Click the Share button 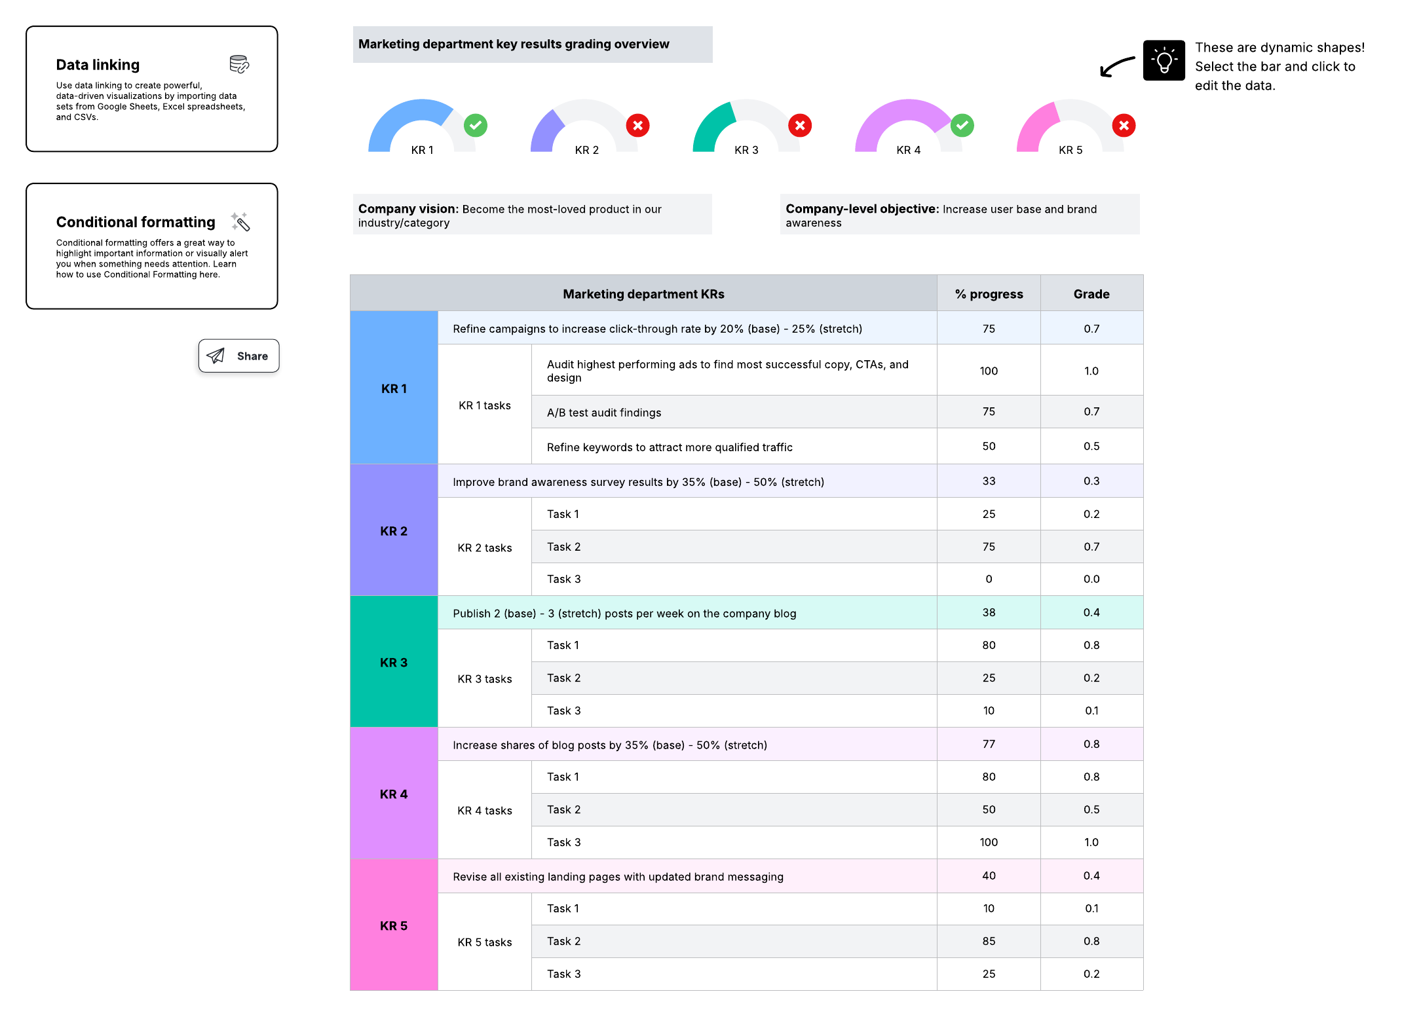pos(238,356)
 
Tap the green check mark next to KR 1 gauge pos(476,125)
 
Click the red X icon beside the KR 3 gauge pos(800,125)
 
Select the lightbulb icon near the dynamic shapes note pos(1164,61)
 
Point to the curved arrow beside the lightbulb pos(1117,66)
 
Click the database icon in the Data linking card pos(239,64)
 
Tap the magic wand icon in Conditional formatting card pos(240,222)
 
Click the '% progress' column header pos(989,294)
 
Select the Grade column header pos(1091,294)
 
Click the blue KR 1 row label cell pos(394,388)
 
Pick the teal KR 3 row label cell pos(394,662)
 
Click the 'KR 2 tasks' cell pos(485,547)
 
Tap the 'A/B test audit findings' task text pos(604,413)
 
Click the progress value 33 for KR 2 pos(989,481)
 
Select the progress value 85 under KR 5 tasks pos(989,941)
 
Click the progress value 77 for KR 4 pos(989,744)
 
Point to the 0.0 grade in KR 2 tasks pos(1091,579)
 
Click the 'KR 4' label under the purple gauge pos(909,150)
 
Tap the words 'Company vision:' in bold pos(407,209)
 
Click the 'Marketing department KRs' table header pos(643,294)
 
